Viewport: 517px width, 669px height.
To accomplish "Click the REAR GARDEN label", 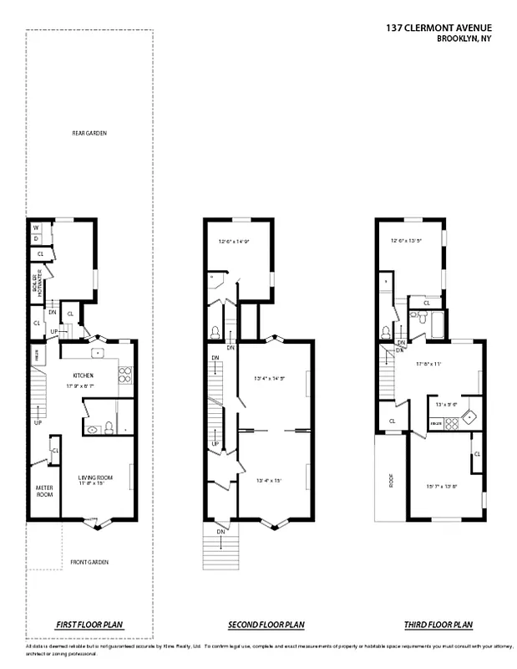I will pos(89,134).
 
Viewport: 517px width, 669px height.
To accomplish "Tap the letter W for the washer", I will pos(37,227).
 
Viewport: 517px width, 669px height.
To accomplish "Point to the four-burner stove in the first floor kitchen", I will pos(125,375).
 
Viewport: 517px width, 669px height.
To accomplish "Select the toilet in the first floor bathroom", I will pos(94,430).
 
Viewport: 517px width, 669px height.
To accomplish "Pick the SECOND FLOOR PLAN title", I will pos(266,625).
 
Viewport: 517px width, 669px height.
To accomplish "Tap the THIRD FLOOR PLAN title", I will pos(439,625).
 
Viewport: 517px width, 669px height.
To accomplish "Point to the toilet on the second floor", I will pos(215,332).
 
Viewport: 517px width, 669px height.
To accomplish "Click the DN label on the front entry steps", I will pos(220,531).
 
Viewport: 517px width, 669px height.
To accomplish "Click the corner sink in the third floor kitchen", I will pos(471,415).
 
